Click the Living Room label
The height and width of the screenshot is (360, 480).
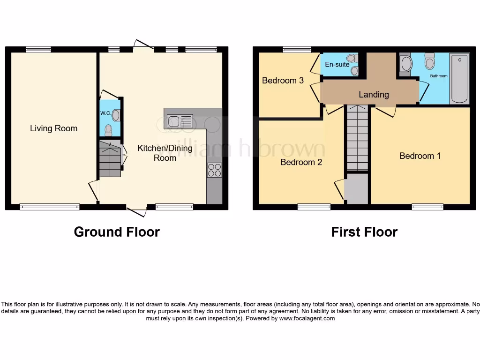(x=53, y=128)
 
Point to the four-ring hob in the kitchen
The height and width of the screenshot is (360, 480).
(x=214, y=170)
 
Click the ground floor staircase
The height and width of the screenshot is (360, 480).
(x=110, y=160)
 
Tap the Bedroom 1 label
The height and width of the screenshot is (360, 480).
(x=420, y=156)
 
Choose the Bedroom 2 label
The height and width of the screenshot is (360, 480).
(x=301, y=162)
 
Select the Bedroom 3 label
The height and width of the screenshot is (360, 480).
(x=283, y=80)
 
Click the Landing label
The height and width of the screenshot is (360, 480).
(x=374, y=94)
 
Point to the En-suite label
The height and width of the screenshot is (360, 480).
(x=337, y=64)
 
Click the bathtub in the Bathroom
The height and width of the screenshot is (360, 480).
(x=459, y=79)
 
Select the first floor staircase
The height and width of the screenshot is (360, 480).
(x=357, y=138)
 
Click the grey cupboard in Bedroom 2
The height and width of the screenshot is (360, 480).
(x=356, y=188)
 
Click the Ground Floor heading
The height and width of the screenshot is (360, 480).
(x=117, y=232)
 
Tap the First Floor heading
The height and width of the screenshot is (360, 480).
(x=364, y=232)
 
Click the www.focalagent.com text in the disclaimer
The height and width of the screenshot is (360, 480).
(x=307, y=318)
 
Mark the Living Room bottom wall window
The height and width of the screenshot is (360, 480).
(x=50, y=206)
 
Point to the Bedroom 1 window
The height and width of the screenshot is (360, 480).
(x=427, y=206)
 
